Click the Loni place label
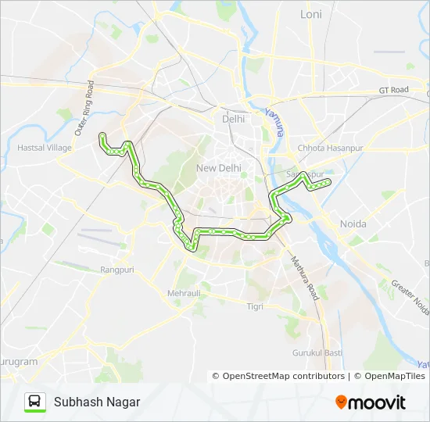point(311,14)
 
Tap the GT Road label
point(394,90)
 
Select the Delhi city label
point(233,119)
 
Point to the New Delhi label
point(218,168)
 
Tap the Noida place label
point(353,224)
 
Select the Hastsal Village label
point(45,147)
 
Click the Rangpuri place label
point(118,270)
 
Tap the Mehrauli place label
point(184,293)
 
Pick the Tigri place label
point(256,307)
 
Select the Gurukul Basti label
point(317,352)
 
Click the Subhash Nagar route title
point(97,402)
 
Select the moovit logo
point(371,402)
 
